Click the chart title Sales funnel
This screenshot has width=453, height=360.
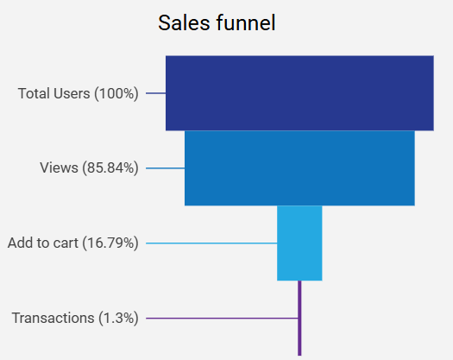tap(217, 23)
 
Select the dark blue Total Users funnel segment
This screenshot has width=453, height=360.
tap(299, 92)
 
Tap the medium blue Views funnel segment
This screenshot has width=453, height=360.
tap(299, 167)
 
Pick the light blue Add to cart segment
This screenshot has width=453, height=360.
tap(299, 243)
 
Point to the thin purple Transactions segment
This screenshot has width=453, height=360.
tap(299, 318)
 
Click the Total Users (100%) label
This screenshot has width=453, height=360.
tap(78, 93)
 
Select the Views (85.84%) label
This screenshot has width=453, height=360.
tap(89, 168)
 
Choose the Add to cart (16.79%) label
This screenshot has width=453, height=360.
tap(72, 243)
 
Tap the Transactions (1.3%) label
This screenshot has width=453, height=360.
tap(75, 319)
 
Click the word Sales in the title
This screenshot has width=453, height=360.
tap(179, 23)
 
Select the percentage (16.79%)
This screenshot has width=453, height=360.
tap(110, 243)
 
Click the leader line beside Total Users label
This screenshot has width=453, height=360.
tap(155, 93)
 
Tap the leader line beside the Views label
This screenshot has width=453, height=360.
tap(165, 168)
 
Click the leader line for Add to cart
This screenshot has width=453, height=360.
tap(211, 243)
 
